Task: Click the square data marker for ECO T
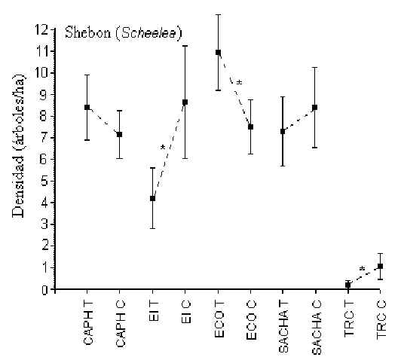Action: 218,53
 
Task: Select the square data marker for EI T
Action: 152,198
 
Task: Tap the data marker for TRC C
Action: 380,266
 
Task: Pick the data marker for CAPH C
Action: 119,134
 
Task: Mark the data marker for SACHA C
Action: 315,107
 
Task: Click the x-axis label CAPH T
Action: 88,323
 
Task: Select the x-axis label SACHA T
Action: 283,327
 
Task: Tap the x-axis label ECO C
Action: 251,320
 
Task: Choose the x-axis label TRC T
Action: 349,319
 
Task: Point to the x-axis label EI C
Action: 186,312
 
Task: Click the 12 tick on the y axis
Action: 53,29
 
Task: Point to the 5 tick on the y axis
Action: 53,181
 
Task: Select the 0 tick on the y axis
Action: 53,289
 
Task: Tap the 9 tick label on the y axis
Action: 44,95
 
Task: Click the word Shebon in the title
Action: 88,32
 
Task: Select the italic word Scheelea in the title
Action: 148,33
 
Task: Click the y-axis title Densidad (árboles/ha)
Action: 19,145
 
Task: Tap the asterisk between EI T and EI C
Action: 163,148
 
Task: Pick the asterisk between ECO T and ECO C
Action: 239,82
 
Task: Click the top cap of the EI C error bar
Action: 185,46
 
